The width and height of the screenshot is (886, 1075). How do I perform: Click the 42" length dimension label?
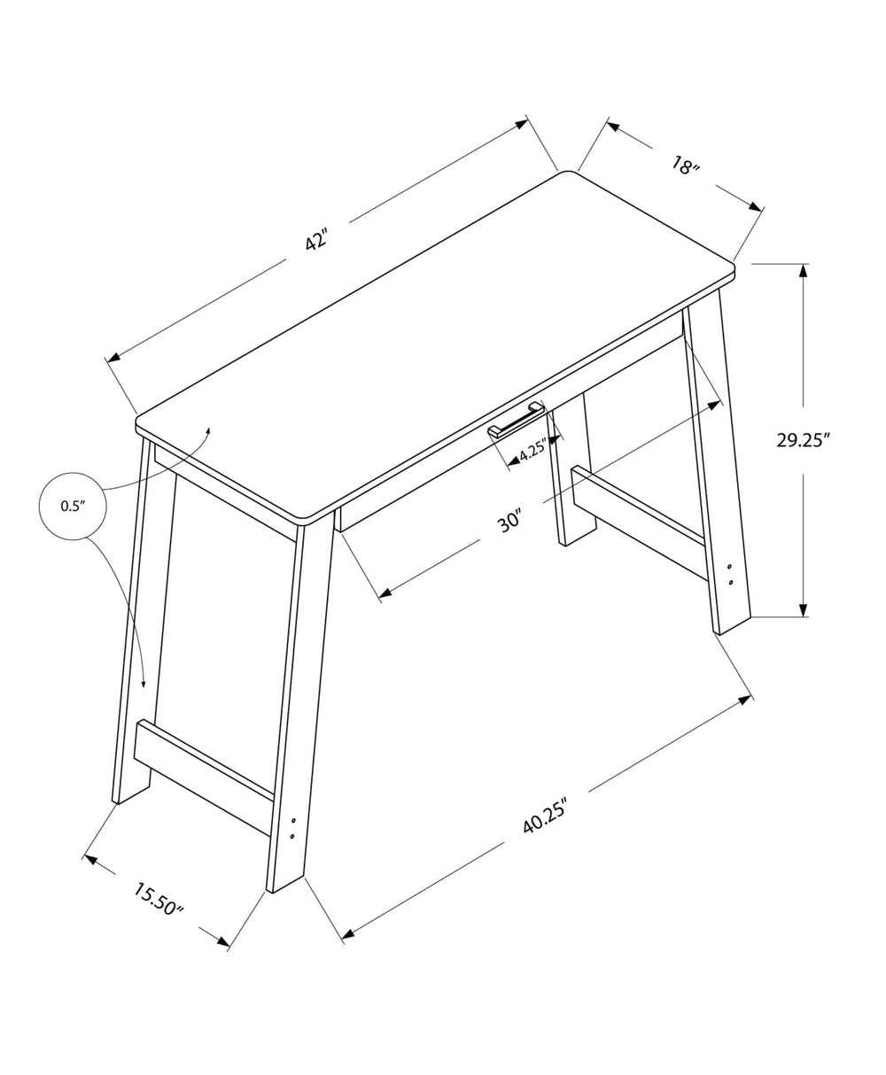click(x=316, y=240)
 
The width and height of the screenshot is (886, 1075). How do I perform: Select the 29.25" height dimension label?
click(x=803, y=440)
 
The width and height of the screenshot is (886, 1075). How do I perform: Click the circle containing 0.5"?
click(x=72, y=506)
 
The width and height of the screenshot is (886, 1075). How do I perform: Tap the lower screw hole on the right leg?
click(x=730, y=582)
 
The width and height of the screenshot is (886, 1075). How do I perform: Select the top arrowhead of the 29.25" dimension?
click(x=803, y=270)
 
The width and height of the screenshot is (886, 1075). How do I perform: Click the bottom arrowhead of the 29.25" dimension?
click(x=803, y=610)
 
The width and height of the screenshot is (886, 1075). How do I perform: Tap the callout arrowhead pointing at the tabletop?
click(x=208, y=430)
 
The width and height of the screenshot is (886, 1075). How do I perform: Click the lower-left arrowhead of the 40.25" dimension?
click(x=347, y=933)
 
